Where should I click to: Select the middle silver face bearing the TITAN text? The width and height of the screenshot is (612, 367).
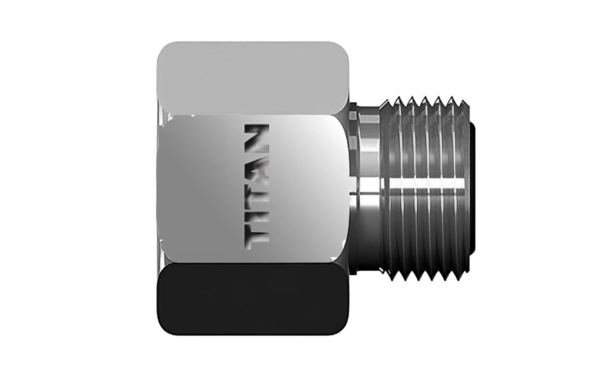click(207, 187)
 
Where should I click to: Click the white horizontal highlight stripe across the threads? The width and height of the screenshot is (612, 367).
click(426, 188)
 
